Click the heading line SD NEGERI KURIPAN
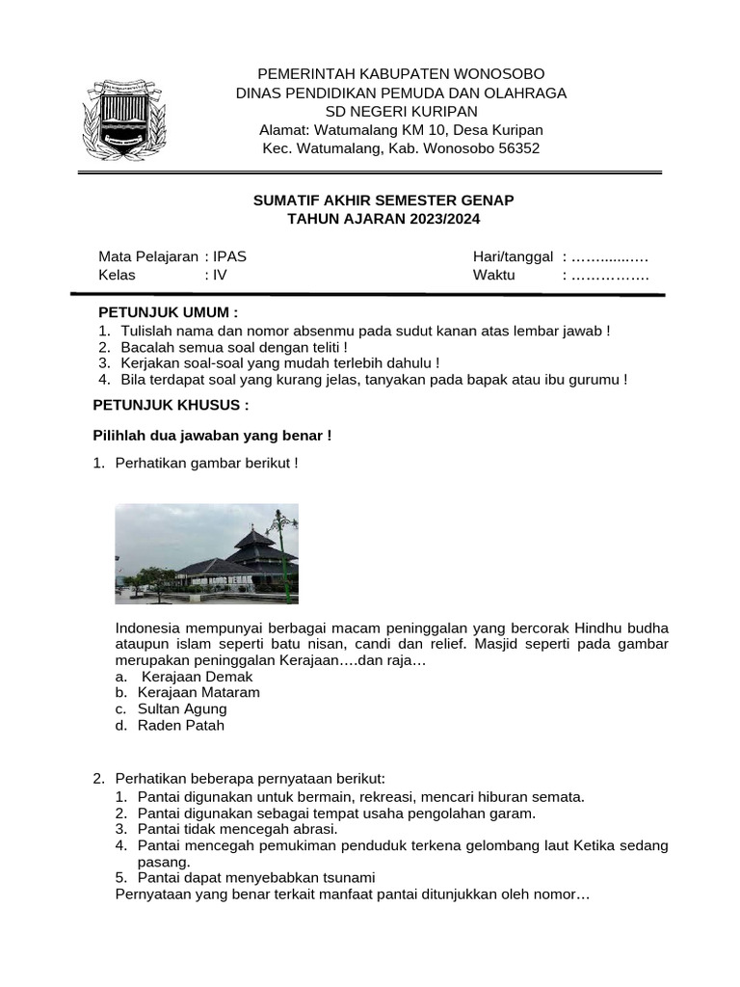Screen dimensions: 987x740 point(401,112)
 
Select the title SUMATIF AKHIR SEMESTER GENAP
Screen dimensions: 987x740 point(383,200)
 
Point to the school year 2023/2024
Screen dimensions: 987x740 point(436,219)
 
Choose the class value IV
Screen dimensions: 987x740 point(220,275)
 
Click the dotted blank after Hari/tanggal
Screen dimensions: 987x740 point(609,256)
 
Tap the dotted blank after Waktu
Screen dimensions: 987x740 point(610,275)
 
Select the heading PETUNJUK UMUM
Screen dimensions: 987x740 point(168,312)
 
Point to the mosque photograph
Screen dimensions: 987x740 point(206,553)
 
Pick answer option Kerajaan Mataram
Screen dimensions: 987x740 point(198,692)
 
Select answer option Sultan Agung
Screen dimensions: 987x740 point(182,708)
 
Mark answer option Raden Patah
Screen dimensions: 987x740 point(181,725)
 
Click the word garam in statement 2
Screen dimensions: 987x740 point(515,813)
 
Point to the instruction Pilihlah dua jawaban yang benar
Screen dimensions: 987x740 point(212,436)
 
